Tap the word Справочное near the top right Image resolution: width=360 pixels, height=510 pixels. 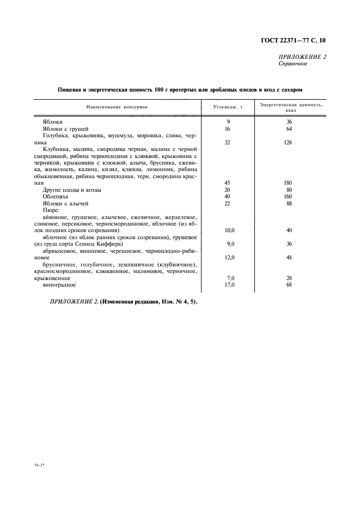click(x=293, y=64)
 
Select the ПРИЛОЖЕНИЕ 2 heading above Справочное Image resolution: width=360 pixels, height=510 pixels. click(x=302, y=57)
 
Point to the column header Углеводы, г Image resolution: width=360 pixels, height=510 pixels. click(x=228, y=107)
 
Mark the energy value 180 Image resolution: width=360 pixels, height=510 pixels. click(x=289, y=183)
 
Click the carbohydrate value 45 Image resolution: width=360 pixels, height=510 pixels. click(x=228, y=183)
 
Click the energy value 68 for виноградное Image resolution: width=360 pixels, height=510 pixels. click(x=289, y=284)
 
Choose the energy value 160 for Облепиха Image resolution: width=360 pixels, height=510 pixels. click(x=289, y=196)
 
